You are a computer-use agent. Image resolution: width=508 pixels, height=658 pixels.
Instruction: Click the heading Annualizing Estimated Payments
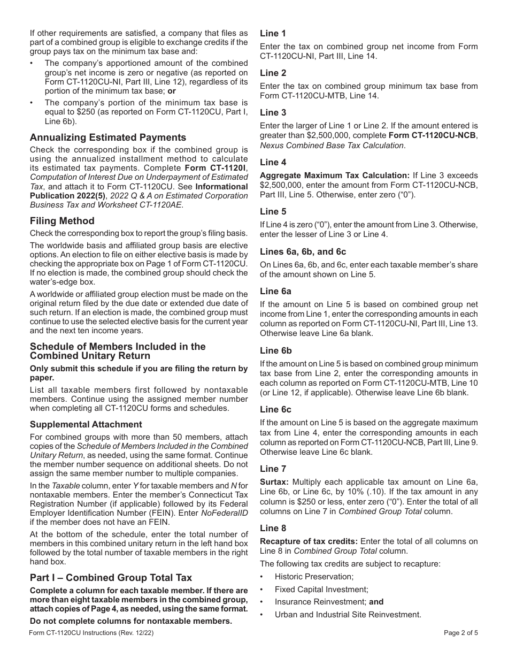coord(108,137)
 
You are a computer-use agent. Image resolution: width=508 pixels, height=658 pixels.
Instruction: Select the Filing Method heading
coord(62,221)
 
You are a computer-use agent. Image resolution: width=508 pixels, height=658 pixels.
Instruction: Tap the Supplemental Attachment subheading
coord(86,424)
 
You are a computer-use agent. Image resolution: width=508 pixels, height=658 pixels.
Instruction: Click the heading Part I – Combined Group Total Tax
coord(111,578)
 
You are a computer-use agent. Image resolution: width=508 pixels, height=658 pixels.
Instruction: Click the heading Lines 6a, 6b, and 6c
coord(303,251)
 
